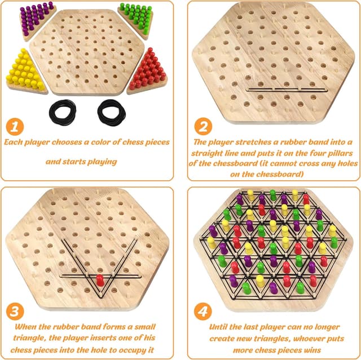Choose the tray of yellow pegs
tap(25, 71)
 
